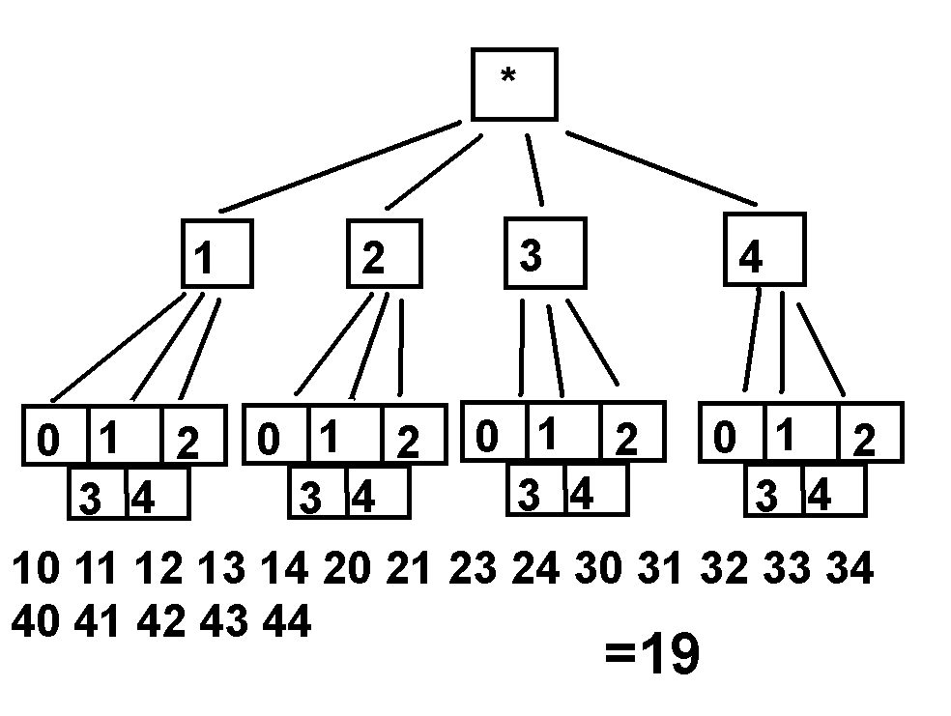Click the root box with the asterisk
click(x=513, y=83)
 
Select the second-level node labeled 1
click(x=216, y=254)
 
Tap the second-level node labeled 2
click(x=385, y=254)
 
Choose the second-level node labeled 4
click(x=764, y=249)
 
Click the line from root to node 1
click(x=338, y=166)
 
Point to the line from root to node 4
click(x=663, y=166)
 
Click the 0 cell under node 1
click(x=55, y=436)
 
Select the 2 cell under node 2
click(x=415, y=437)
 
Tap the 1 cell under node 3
click(x=563, y=432)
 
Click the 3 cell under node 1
click(x=97, y=495)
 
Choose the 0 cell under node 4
click(x=732, y=434)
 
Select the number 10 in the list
click(x=37, y=570)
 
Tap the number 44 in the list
click(x=286, y=622)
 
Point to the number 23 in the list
click(x=473, y=570)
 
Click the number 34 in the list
click(x=849, y=570)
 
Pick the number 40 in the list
click(x=37, y=622)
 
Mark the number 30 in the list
click(x=599, y=570)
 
